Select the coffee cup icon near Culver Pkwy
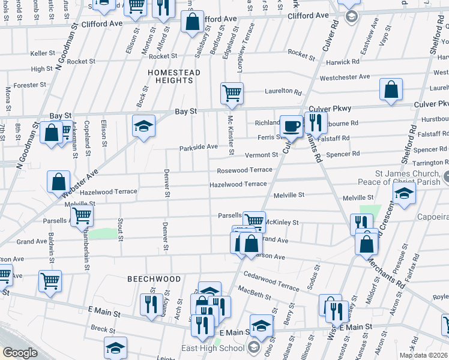point(292,126)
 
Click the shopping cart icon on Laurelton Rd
point(232,93)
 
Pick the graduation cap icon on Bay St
point(144,126)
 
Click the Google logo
point(20,352)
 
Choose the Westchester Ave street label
point(345,77)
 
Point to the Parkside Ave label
point(198,147)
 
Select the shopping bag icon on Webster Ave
point(59,181)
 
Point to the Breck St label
point(103,329)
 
